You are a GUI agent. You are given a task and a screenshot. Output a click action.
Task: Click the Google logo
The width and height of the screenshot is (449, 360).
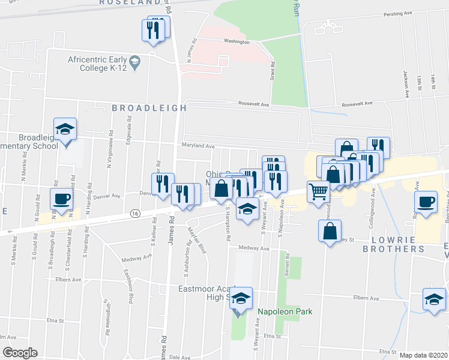[x=20, y=353]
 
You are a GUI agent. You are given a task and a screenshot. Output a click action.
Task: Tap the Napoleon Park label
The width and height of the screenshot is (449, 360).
[x=285, y=311]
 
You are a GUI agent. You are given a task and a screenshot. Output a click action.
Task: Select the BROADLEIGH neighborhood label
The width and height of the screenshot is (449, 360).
[x=149, y=108]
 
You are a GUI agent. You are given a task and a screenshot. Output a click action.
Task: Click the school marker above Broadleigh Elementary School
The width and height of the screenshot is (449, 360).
[x=65, y=128]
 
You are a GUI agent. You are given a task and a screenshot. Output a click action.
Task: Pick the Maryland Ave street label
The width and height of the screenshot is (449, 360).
[x=199, y=146]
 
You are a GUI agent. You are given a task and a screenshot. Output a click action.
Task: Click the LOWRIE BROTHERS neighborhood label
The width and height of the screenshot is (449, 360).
[x=394, y=244]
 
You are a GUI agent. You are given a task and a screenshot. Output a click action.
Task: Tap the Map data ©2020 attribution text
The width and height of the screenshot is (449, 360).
[x=422, y=355]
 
